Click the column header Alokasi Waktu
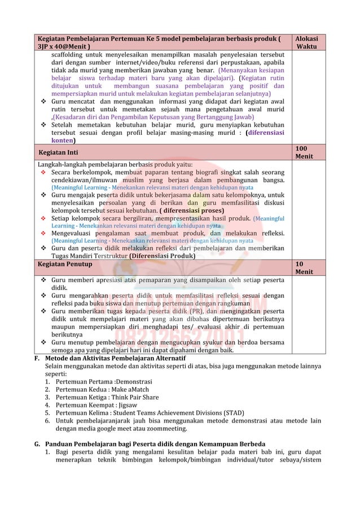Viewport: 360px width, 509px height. coord(306,42)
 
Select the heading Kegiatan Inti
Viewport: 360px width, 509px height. coord(58,152)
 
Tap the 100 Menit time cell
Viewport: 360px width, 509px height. coord(304,151)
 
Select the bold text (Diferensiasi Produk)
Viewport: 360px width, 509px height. coord(162,256)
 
